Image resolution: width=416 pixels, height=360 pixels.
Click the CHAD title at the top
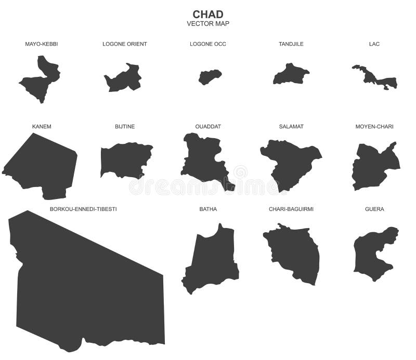tap(208, 14)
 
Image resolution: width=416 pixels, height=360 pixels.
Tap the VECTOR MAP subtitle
tap(208, 23)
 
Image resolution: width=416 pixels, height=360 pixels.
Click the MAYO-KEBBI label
tap(42, 44)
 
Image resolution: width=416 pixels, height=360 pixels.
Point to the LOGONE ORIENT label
tap(125, 44)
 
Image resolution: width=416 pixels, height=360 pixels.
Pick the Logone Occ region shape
tap(210, 77)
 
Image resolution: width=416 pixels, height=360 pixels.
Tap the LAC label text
tap(374, 44)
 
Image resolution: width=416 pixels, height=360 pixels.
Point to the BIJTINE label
tap(125, 127)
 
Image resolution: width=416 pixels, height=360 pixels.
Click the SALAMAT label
tap(291, 127)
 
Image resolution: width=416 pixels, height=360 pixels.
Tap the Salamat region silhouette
tap(289, 161)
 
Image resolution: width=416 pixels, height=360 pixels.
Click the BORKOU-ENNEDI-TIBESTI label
tap(83, 209)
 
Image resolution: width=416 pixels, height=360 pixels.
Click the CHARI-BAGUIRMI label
tap(291, 209)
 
